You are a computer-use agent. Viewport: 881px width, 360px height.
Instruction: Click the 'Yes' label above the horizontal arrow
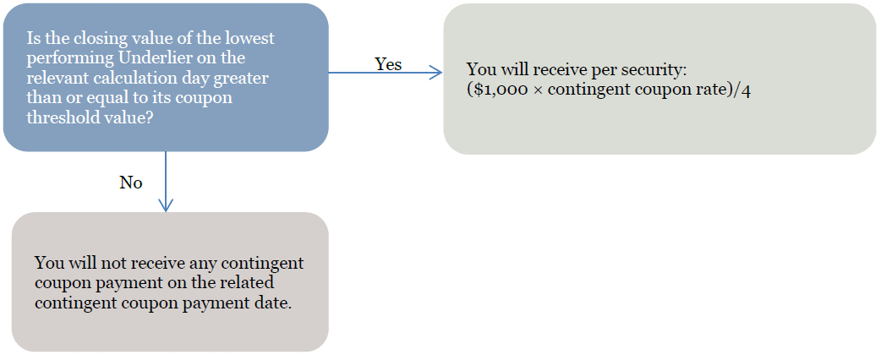pos(388,64)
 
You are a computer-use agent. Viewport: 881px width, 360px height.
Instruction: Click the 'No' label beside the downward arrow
pos(131,183)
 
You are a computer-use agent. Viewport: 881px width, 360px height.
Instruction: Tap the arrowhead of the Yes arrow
pos(437,72)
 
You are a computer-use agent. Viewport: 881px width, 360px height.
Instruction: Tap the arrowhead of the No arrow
pos(166,205)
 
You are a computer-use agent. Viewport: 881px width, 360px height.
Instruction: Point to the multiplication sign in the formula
pos(521,90)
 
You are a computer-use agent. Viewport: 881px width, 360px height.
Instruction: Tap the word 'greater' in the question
pos(245,78)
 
